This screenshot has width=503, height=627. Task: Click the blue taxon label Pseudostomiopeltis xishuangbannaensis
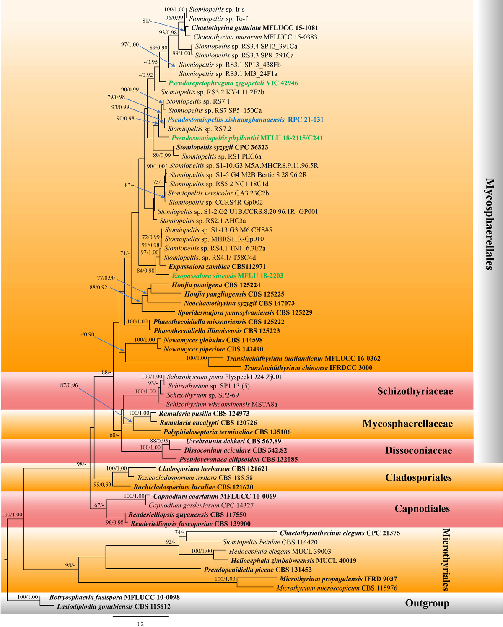[x=226, y=120]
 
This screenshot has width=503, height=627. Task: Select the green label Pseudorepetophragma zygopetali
[x=216, y=83]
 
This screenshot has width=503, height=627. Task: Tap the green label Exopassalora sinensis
[x=204, y=276]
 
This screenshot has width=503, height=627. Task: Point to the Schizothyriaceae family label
[x=415, y=391]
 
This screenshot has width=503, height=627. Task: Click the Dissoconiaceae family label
[x=418, y=450]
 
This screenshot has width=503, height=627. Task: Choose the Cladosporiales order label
[x=418, y=477]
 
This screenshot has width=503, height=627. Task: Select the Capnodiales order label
[x=422, y=508]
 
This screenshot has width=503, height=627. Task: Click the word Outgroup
[x=427, y=603]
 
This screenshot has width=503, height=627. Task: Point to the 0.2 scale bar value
[x=140, y=624]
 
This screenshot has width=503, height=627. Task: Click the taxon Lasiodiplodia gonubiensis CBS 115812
[x=114, y=606]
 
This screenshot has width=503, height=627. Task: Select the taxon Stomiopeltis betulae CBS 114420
[x=270, y=542]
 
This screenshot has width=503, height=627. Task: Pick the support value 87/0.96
[x=69, y=385]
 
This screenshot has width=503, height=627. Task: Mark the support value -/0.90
[x=87, y=335]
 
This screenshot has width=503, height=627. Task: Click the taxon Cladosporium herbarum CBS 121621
[x=213, y=468]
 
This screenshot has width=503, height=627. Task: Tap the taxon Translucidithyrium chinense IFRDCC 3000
[x=308, y=368]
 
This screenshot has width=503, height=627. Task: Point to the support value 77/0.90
[x=106, y=278]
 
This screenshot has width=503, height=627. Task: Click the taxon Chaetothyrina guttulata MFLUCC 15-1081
[x=254, y=28]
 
